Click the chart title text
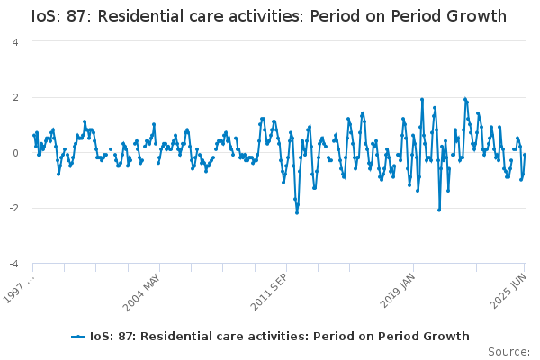[x=269, y=16]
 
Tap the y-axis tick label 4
[x=15, y=42]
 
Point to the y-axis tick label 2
[x=15, y=97]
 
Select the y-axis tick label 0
[x=15, y=153]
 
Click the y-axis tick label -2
[x=13, y=209]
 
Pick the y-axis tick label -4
[x=13, y=264]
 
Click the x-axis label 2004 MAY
[x=141, y=292]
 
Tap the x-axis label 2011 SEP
[x=269, y=292]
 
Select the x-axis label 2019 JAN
[x=398, y=291]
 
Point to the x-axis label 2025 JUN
[x=508, y=291]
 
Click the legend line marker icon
[x=78, y=337]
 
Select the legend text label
[x=279, y=337]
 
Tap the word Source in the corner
[x=508, y=352]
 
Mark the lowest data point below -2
[x=297, y=213]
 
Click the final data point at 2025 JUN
[x=525, y=155]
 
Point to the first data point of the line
[x=34, y=135]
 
